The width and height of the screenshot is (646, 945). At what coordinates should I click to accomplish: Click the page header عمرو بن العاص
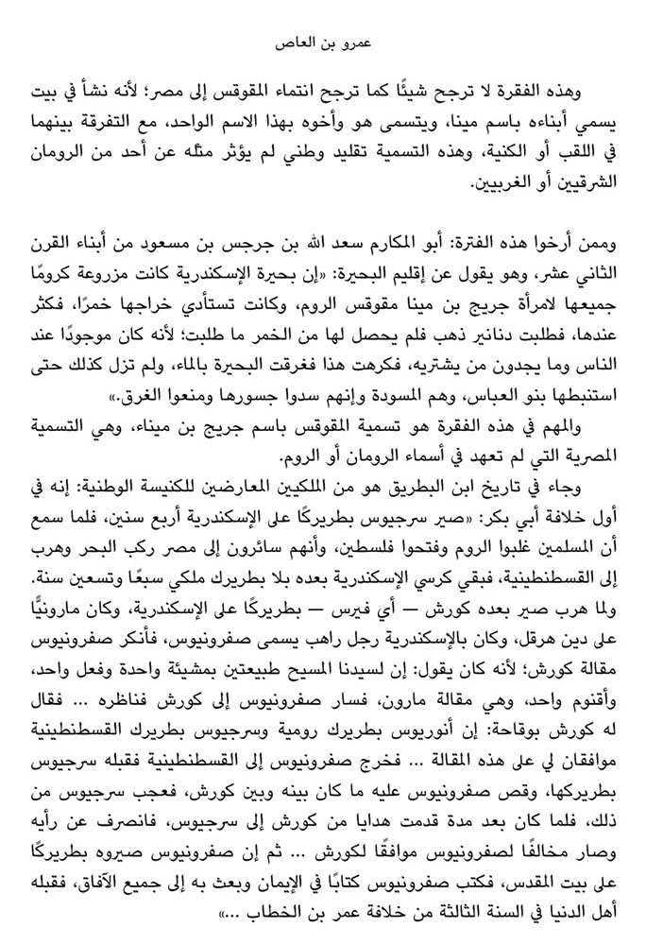point(323,44)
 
